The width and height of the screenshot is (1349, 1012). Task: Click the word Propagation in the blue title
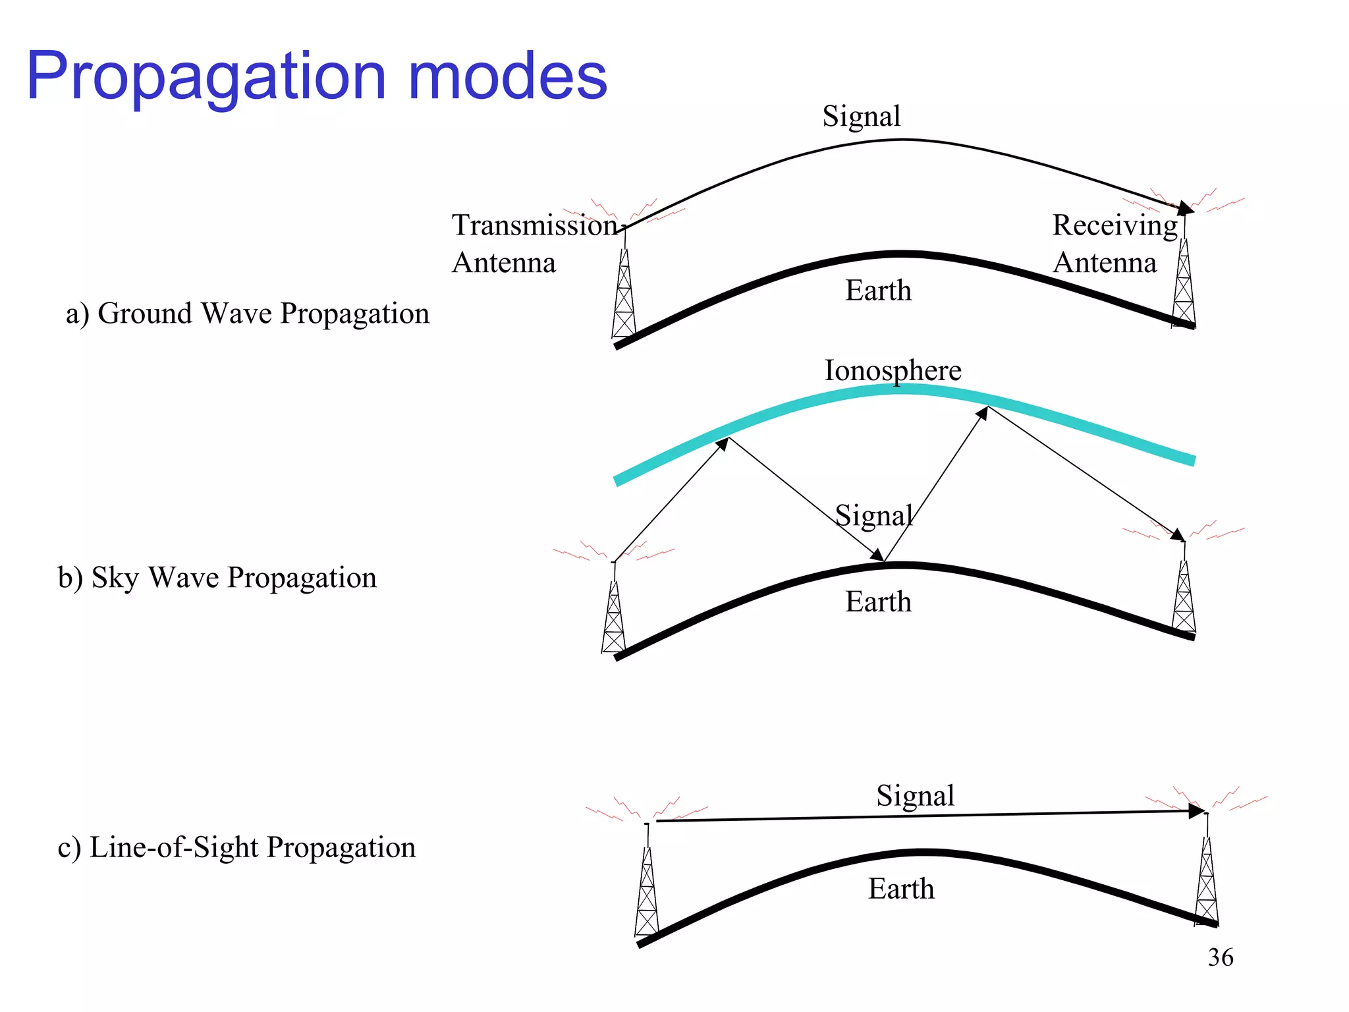pyautogui.click(x=206, y=78)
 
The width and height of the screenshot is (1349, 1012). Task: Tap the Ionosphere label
pyautogui.click(x=893, y=370)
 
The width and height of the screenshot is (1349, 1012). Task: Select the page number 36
pyautogui.click(x=1220, y=957)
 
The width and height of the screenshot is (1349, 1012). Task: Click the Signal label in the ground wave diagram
pyautogui.click(x=861, y=117)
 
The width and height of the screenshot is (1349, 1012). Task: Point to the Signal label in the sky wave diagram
pyautogui.click(x=874, y=515)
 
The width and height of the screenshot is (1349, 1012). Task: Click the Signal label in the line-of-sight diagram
pyautogui.click(x=915, y=796)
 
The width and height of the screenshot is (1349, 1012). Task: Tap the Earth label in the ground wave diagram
pyautogui.click(x=878, y=291)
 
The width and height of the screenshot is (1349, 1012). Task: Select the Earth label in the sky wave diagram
pyautogui.click(x=878, y=602)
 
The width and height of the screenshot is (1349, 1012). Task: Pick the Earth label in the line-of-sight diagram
pyautogui.click(x=900, y=889)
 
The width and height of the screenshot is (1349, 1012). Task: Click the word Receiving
pyautogui.click(x=1115, y=225)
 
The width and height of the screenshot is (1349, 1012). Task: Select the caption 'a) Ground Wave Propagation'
pyautogui.click(x=247, y=314)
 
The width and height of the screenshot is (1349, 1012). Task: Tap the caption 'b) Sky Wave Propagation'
pyautogui.click(x=217, y=578)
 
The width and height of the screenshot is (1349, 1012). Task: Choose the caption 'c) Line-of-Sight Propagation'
pyautogui.click(x=237, y=848)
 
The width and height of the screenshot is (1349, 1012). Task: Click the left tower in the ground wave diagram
pyautogui.click(x=624, y=296)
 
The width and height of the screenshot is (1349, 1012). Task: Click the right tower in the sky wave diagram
pyautogui.click(x=1184, y=596)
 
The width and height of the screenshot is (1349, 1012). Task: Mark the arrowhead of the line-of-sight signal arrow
pyautogui.click(x=1196, y=811)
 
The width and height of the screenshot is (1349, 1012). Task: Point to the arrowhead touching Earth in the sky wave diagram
pyautogui.click(x=877, y=555)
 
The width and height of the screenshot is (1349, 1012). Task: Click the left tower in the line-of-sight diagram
pyautogui.click(x=647, y=893)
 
